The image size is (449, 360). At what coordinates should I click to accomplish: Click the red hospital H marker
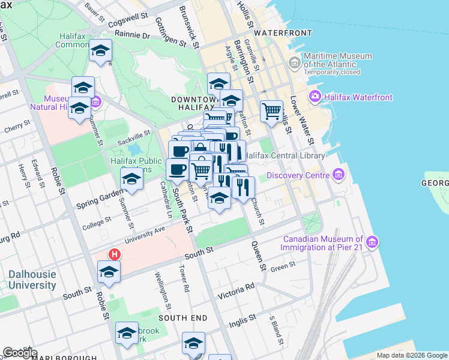point(114,254)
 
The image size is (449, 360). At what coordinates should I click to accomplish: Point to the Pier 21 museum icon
point(372,242)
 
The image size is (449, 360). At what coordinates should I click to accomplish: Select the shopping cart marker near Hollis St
point(271,110)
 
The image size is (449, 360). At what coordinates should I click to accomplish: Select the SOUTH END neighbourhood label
point(182,317)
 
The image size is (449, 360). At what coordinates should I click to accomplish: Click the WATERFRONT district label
point(283,32)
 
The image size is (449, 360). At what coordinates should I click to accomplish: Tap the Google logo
point(20,353)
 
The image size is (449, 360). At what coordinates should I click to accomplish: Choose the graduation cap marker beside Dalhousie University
point(109,272)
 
